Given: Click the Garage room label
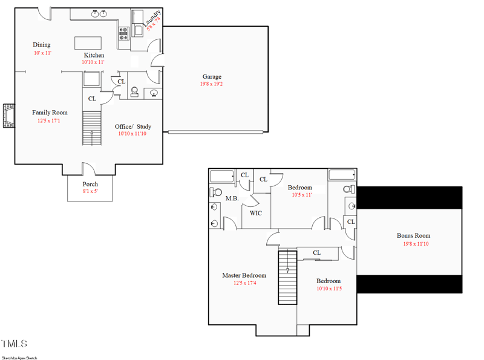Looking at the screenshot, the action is tap(212, 77).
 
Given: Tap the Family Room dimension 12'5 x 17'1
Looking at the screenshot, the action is tap(49, 121).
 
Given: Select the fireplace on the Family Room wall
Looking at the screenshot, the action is tap(8, 116).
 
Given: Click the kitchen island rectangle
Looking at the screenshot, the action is tap(88, 43).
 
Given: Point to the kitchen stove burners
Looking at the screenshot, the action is tap(124, 34).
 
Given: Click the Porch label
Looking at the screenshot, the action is tap(90, 184).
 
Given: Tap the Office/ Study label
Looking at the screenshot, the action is tap(133, 126).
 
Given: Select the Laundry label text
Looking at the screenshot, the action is tap(152, 18).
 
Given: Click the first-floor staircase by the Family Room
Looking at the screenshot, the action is tap(92, 128).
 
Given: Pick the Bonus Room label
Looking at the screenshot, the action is tap(413, 235).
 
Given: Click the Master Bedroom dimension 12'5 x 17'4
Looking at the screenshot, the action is tap(245, 283).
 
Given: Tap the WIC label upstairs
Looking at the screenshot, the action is tap(255, 213).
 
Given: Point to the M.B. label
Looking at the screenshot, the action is tap(232, 198).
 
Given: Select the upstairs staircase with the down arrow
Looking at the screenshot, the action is tap(288, 278).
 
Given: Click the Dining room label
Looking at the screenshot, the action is tap(42, 45).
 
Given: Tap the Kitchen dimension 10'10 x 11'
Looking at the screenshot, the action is tap(93, 62).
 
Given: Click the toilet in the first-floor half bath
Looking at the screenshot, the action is tap(134, 92).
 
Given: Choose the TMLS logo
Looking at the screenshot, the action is tap(14, 344).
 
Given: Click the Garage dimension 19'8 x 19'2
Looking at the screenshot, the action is tap(211, 84).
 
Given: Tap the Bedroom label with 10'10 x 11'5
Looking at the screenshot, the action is tap(329, 281).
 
